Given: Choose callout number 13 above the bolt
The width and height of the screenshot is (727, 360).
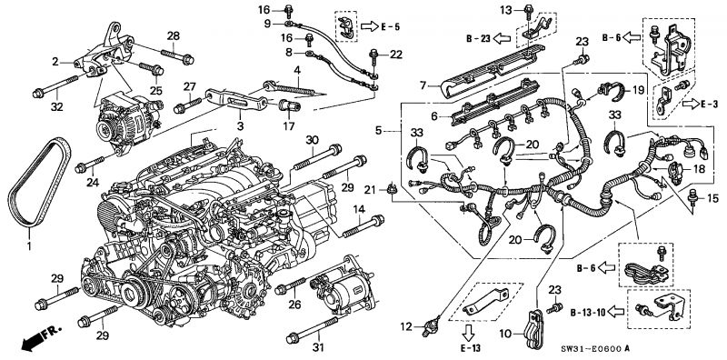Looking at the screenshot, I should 506,10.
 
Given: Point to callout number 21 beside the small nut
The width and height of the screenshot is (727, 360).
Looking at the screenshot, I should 369,188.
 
